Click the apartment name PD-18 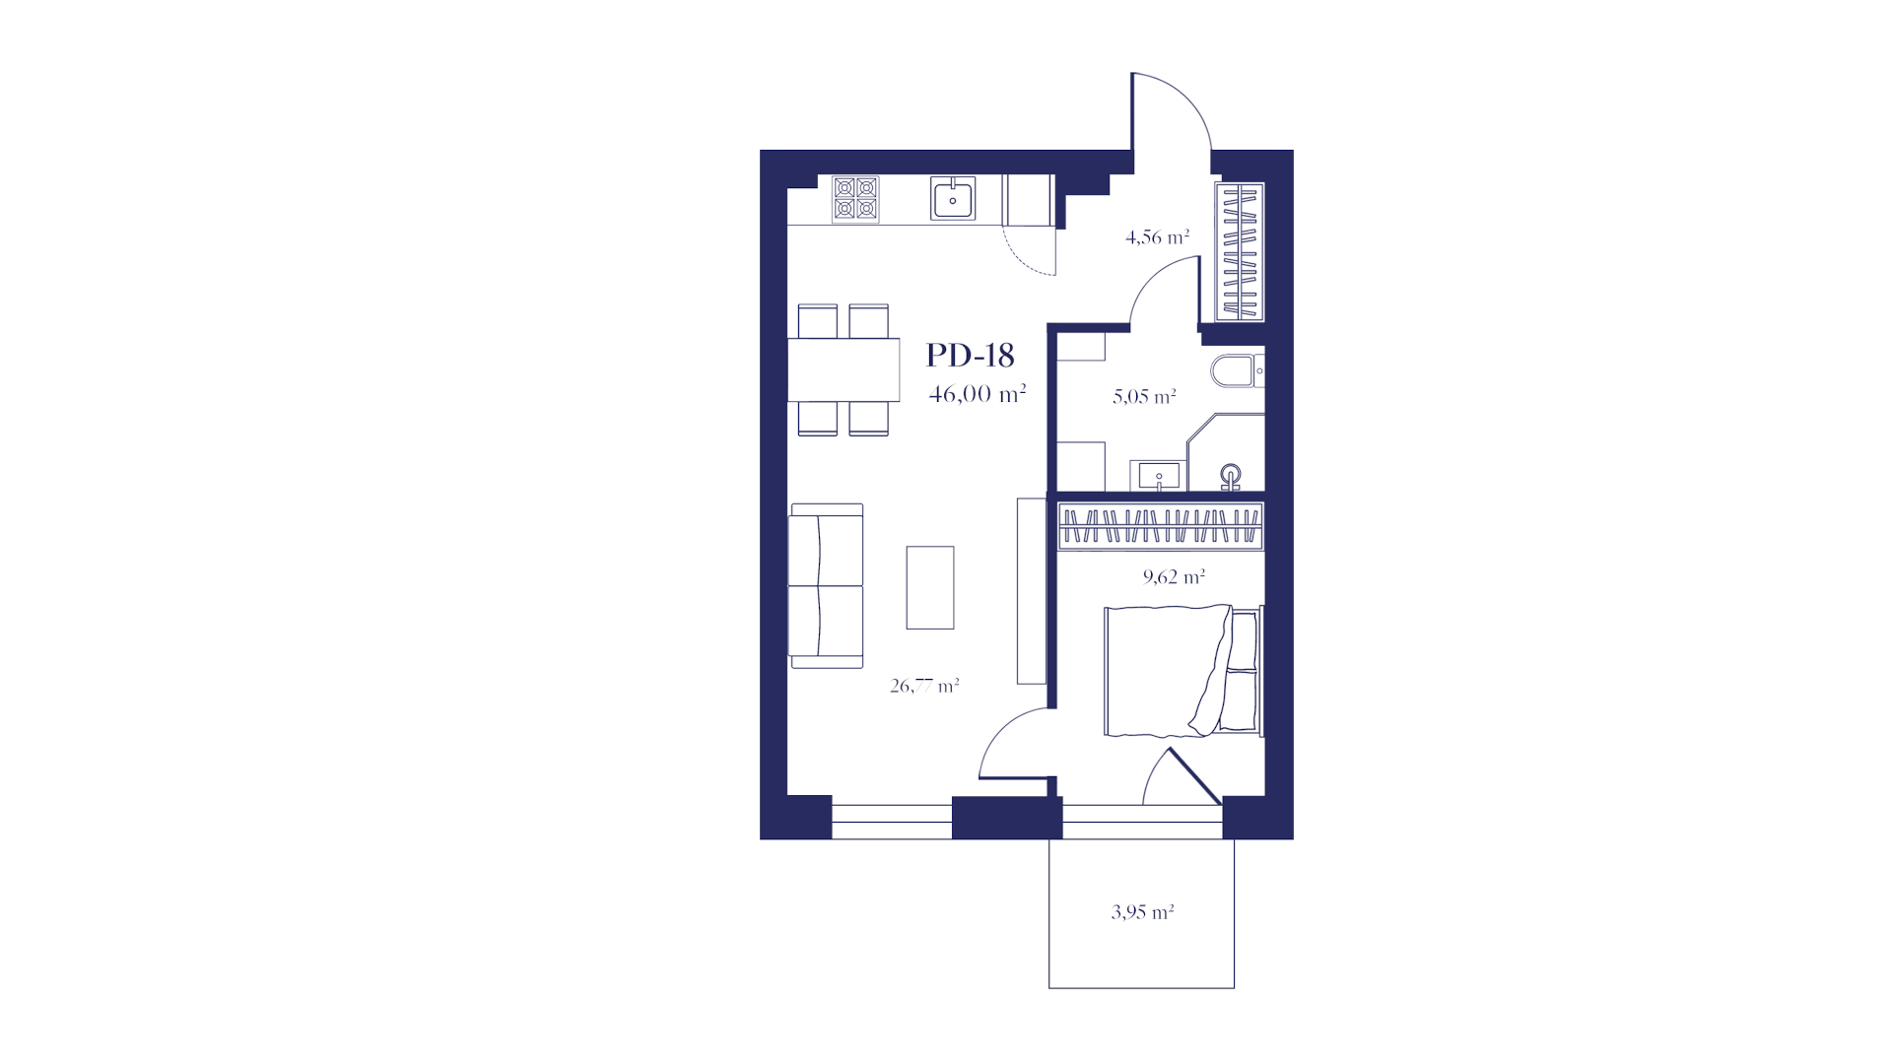tap(970, 355)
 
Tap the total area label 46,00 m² tap(978, 394)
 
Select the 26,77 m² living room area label tap(924, 686)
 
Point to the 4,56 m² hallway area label tap(1157, 237)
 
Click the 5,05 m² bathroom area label tap(1144, 397)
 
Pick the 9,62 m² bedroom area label tap(1174, 576)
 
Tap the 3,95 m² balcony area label tap(1142, 912)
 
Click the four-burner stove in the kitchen tap(855, 199)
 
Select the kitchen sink tap(953, 199)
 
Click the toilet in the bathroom tap(1237, 371)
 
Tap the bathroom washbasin tap(1159, 476)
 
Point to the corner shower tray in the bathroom tap(1226, 452)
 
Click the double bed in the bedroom tap(1183, 671)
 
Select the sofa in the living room tap(826, 586)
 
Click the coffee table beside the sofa tap(930, 587)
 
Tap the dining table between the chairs tap(844, 369)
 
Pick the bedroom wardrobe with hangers tap(1160, 525)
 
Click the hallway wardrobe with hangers tap(1240, 252)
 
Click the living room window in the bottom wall tap(892, 822)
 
